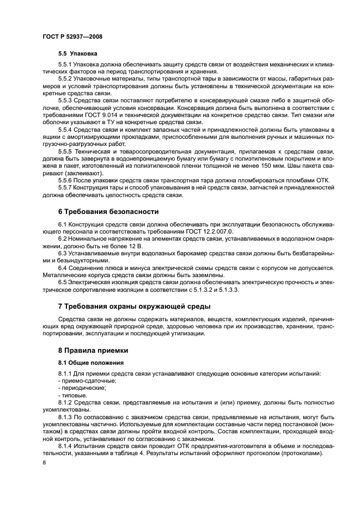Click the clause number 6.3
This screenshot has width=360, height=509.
tap(63, 253)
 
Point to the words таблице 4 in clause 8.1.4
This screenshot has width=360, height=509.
tap(124, 453)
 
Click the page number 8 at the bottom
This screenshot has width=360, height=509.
tap(44, 463)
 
